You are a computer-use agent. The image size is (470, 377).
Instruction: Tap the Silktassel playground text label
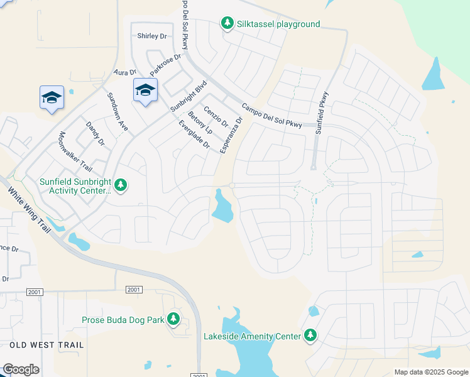(278, 25)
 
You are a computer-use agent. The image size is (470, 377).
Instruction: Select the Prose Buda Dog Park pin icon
(173, 320)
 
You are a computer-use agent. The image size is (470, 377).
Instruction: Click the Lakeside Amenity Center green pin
(310, 336)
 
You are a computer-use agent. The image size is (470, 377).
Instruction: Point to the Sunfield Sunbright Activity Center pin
(121, 185)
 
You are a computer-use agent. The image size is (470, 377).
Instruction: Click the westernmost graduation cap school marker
(52, 97)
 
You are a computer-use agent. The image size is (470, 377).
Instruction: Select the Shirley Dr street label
(153, 36)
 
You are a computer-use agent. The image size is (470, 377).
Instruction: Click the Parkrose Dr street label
(165, 63)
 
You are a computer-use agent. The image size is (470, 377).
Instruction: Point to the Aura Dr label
(124, 73)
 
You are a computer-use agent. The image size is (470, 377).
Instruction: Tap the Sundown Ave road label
(117, 112)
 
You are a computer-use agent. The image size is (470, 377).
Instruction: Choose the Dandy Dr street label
(95, 134)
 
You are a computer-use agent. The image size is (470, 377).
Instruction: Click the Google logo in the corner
(21, 369)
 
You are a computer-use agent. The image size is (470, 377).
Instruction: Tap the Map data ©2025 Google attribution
(430, 372)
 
